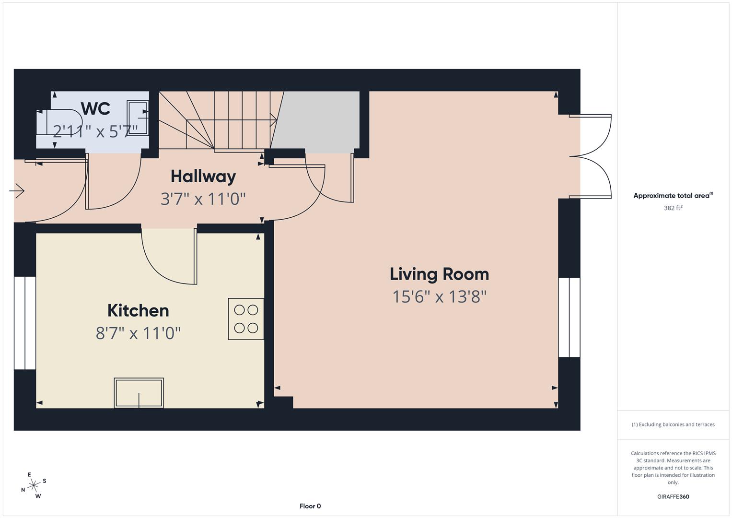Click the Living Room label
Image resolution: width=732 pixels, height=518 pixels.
click(x=439, y=274)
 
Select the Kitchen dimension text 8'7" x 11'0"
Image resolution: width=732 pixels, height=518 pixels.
click(x=138, y=332)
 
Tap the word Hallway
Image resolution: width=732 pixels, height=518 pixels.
click(x=203, y=176)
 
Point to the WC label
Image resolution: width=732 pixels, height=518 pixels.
click(x=95, y=108)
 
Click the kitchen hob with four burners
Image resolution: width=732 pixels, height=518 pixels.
click(x=246, y=319)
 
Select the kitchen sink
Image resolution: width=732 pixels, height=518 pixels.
click(x=139, y=393)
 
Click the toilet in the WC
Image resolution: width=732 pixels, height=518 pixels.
click(x=60, y=123)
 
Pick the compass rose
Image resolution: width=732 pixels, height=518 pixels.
click(x=34, y=485)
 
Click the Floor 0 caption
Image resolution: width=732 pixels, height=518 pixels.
click(x=310, y=506)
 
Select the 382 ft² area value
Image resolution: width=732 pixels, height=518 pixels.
click(x=673, y=208)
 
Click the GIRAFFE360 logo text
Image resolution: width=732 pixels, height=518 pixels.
click(x=673, y=496)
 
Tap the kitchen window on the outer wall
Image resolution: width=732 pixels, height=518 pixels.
click(x=25, y=323)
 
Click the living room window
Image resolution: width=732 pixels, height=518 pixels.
click(x=569, y=317)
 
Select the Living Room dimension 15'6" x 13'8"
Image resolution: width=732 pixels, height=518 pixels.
click(x=439, y=297)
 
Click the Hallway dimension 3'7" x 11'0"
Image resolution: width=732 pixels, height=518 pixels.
click(x=203, y=199)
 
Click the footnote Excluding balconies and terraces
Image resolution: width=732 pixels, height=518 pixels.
click(x=673, y=424)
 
